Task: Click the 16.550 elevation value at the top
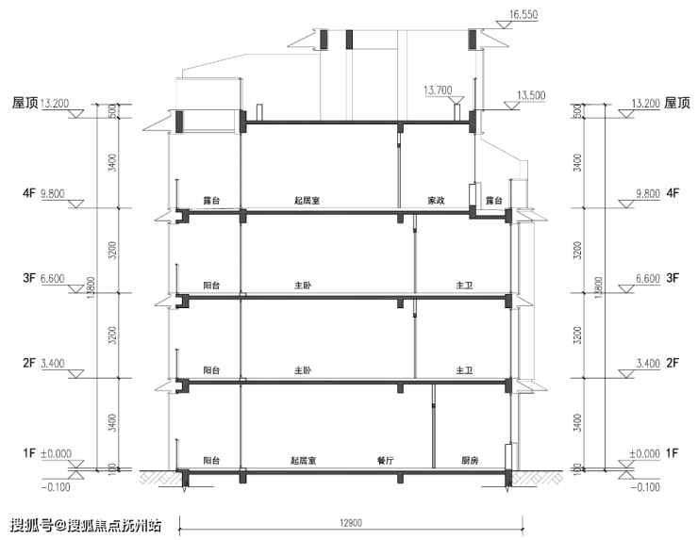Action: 523,15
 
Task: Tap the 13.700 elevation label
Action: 438,90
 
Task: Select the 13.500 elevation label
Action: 531,95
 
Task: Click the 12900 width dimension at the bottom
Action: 351,523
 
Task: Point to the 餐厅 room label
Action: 385,461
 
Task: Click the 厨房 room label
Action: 470,461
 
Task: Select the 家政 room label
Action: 436,201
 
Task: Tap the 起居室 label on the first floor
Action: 303,461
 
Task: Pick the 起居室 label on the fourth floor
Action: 307,201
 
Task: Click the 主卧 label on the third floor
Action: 303,286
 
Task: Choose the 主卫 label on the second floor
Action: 464,370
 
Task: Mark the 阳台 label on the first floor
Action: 211,461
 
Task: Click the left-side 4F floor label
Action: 29,193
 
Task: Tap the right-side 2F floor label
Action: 673,363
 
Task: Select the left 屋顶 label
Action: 25,104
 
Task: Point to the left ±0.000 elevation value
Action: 56,453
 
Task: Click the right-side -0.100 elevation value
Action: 645,487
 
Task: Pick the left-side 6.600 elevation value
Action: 53,278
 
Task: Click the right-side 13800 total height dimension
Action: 598,287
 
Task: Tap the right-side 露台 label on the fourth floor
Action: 493,201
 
